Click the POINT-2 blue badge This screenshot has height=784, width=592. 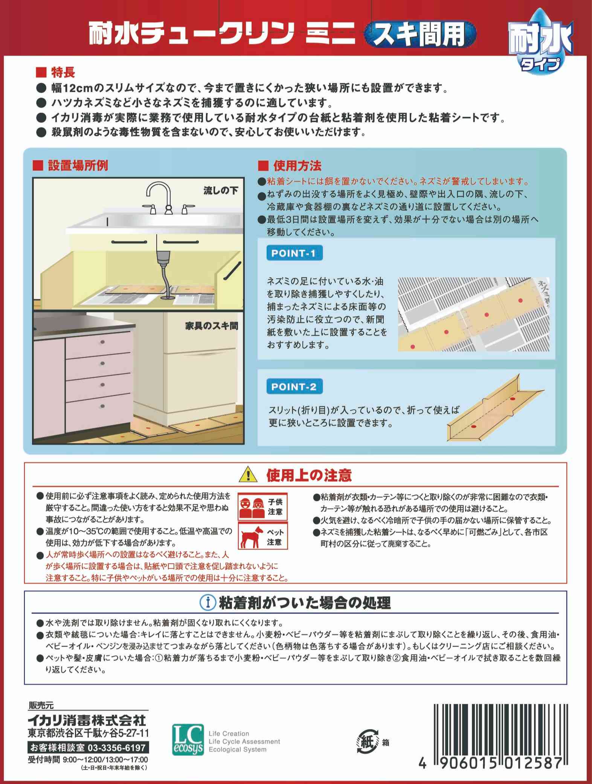(294, 387)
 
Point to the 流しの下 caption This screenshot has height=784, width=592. (221, 191)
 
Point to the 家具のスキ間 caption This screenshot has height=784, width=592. (212, 326)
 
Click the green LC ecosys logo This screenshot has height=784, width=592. (187, 739)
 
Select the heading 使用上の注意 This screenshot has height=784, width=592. (309, 476)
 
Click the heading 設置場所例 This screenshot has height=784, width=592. (78, 166)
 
